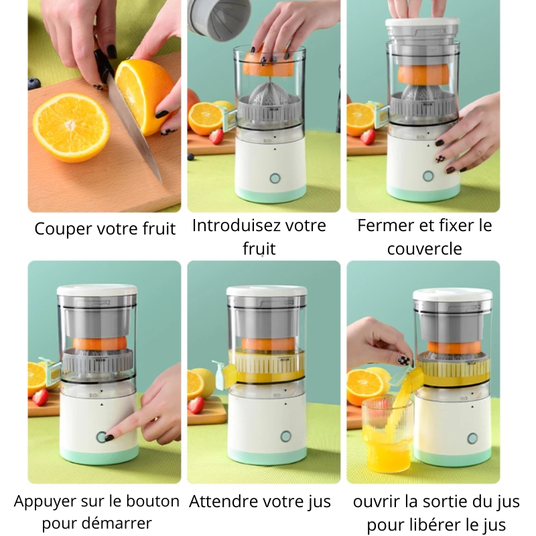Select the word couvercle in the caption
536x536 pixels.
(x=425, y=249)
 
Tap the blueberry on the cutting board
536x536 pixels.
(x=33, y=83)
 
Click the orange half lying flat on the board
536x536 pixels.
(x=71, y=127)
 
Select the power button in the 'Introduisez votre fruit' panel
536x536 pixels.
(x=275, y=178)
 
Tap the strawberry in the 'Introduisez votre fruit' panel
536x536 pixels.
(x=216, y=137)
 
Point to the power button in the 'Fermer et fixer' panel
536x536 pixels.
(x=428, y=176)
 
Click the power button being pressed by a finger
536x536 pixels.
(x=102, y=437)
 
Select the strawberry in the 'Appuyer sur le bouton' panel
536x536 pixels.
(x=41, y=397)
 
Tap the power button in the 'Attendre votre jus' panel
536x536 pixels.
(x=286, y=436)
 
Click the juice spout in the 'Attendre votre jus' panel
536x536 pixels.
(x=223, y=375)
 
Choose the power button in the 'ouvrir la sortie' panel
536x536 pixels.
(x=472, y=438)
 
